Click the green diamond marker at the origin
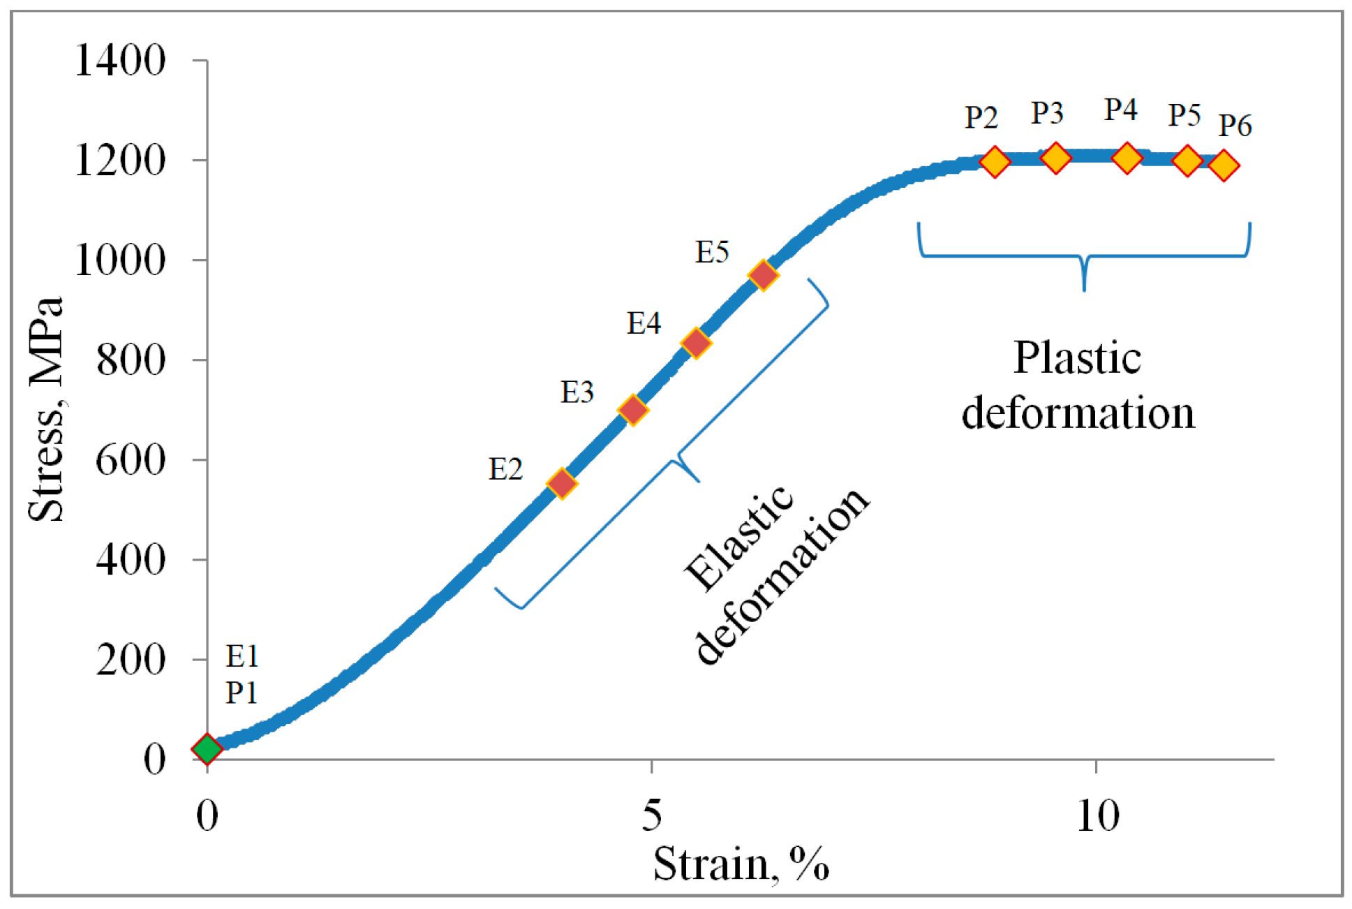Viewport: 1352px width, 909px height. (x=207, y=748)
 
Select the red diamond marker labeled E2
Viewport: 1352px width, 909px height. (x=562, y=483)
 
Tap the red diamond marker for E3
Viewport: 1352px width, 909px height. (x=633, y=410)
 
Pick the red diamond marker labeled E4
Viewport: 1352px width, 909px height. (x=696, y=342)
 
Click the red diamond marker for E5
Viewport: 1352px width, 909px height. (x=763, y=275)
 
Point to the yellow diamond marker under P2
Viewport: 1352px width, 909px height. (x=995, y=161)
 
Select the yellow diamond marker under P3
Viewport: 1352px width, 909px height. (x=1055, y=158)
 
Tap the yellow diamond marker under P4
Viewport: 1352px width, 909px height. (x=1127, y=158)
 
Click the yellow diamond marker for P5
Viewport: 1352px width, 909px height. (x=1187, y=161)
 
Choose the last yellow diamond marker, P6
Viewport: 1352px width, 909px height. (x=1224, y=165)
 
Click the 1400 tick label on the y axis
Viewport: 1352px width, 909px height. (x=120, y=60)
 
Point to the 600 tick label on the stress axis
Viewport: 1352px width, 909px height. (x=131, y=460)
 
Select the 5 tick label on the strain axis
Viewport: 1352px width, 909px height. (x=651, y=815)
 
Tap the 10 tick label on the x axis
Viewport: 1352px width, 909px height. (x=1097, y=815)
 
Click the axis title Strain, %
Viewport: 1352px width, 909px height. (x=741, y=864)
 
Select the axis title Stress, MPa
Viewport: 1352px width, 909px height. (x=46, y=410)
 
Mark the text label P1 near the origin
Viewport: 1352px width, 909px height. (x=242, y=693)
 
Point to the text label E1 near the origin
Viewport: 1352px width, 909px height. (x=242, y=656)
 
